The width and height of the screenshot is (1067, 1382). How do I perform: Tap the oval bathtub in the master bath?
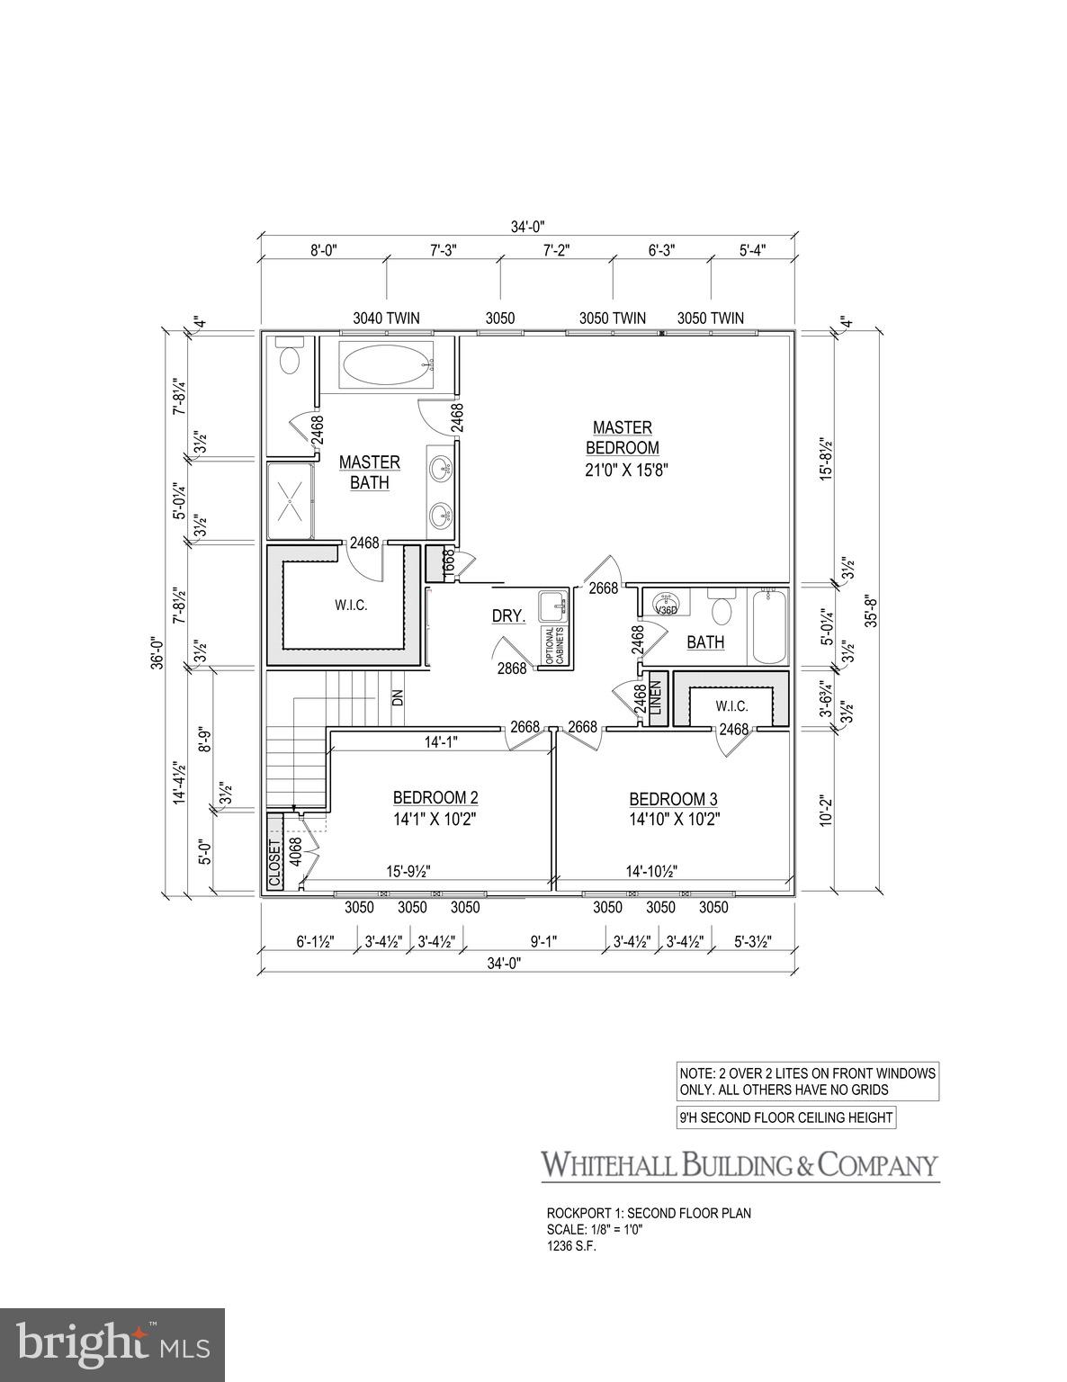click(386, 366)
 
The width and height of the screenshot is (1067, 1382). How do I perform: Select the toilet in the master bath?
click(290, 357)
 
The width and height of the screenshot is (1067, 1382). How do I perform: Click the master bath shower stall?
click(290, 502)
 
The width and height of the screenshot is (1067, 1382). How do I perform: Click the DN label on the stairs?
click(398, 697)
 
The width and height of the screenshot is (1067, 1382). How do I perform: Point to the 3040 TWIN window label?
click(386, 318)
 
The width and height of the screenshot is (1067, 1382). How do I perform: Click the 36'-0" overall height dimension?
click(157, 652)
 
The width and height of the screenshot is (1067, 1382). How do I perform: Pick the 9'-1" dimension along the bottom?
click(543, 941)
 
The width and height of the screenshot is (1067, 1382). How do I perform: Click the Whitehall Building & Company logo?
click(739, 1165)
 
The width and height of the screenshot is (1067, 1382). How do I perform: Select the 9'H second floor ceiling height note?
click(786, 1118)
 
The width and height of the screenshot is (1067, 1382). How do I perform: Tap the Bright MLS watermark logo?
click(112, 1345)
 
